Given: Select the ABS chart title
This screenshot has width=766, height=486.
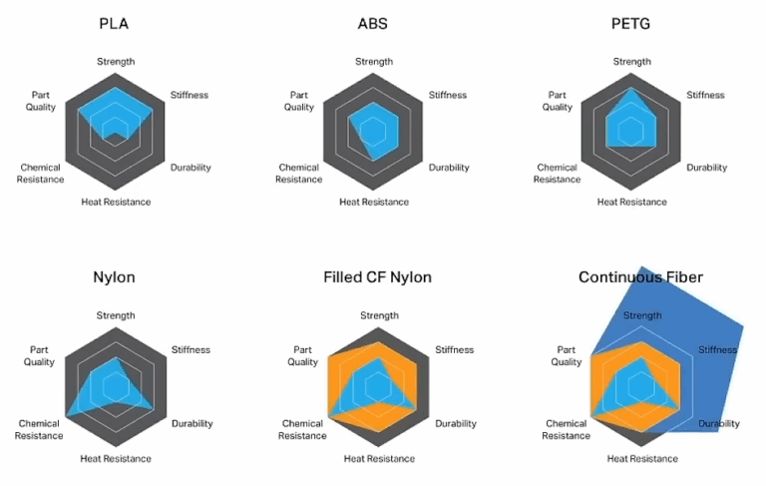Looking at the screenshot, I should [x=373, y=24].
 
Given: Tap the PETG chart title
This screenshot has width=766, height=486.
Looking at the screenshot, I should [x=631, y=24].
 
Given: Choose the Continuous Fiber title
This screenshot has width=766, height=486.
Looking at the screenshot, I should [x=640, y=277].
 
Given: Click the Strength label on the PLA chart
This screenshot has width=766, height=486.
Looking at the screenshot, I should [x=116, y=62].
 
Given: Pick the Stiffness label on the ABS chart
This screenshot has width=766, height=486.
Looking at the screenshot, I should [x=447, y=95].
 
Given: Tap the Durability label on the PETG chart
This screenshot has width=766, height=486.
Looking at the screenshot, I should [x=706, y=168].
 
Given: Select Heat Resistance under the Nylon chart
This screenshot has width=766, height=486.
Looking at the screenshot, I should [x=116, y=459].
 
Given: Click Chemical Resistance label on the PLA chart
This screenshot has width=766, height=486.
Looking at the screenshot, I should [x=40, y=174].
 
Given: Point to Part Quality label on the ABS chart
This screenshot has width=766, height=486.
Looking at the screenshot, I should [x=298, y=101].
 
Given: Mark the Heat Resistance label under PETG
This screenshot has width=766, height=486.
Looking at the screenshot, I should [x=632, y=203].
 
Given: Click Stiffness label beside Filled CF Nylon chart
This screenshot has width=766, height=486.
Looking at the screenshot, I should [x=455, y=350].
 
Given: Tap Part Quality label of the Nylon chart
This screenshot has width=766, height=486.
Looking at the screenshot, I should [x=40, y=355].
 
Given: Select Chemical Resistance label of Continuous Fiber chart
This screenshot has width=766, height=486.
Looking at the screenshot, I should [x=566, y=430].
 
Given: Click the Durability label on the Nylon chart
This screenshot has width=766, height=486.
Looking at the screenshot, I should [x=191, y=423].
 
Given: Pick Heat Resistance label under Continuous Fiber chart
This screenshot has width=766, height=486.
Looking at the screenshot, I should [x=642, y=459].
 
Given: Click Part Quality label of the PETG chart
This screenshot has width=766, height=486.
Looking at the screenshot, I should [x=557, y=101].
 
